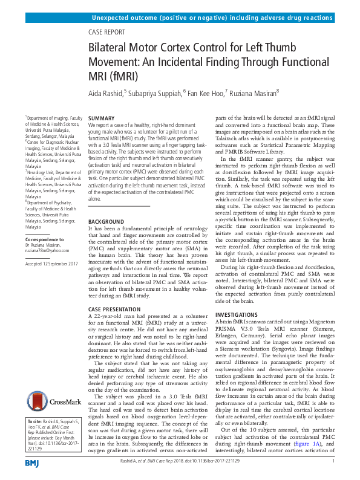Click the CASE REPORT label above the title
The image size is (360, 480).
coord(107,32)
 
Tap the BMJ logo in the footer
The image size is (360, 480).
coord(31,463)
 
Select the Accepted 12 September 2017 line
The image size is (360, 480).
coord(53,265)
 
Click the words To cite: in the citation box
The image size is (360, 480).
coord(35,420)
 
